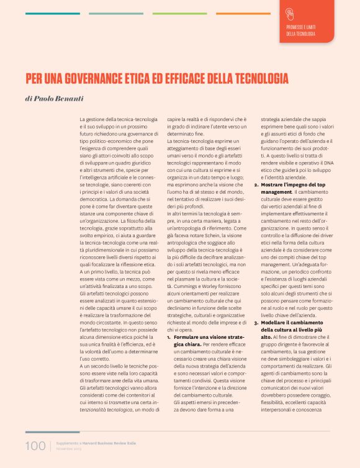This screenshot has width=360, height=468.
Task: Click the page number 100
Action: [x=35, y=446]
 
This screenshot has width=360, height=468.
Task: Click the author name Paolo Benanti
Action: [x=61, y=98]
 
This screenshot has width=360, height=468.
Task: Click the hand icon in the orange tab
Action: [x=290, y=14]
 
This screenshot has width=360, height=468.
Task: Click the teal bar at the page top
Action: [x=52, y=13]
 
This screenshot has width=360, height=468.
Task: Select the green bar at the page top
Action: [x=179, y=13]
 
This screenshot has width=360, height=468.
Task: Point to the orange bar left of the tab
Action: [x=243, y=13]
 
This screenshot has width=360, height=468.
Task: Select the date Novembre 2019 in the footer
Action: [x=70, y=448]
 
